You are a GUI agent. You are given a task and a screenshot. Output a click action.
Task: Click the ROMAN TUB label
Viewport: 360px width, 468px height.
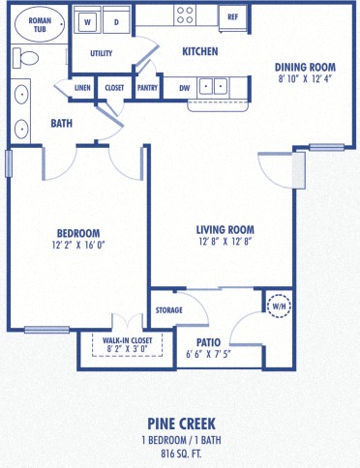point(40,24)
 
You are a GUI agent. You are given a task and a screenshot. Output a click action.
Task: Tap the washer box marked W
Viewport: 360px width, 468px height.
point(87,20)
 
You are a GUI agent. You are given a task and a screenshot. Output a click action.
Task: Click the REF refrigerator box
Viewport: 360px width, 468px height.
point(232,16)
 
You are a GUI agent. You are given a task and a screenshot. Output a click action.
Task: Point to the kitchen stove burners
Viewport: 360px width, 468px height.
point(185,15)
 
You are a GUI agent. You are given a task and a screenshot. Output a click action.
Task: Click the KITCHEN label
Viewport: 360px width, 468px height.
point(199,51)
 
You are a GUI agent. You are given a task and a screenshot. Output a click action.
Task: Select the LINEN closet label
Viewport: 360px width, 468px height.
point(82,88)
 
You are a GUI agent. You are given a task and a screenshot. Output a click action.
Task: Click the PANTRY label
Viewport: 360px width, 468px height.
point(147,88)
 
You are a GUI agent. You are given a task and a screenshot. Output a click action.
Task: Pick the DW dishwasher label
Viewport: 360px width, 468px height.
point(183,88)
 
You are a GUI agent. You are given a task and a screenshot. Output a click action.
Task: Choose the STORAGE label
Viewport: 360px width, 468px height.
point(169,310)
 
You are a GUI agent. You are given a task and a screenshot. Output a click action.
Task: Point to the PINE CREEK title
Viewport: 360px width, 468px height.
point(181,423)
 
